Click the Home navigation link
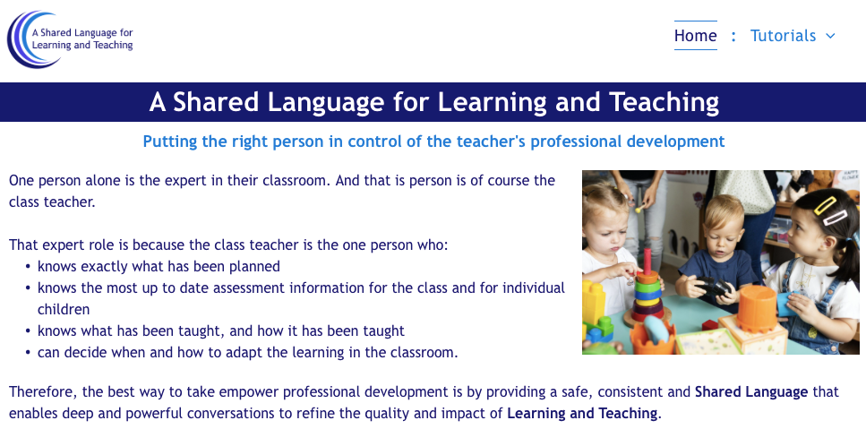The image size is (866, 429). click(x=695, y=36)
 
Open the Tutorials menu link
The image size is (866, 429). click(x=783, y=36)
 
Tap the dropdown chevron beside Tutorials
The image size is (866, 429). click(x=830, y=37)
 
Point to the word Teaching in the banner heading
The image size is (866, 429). click(x=664, y=102)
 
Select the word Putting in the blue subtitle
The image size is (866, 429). click(x=170, y=142)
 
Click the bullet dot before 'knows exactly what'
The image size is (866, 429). click(x=28, y=267)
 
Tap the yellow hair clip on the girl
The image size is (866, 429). click(x=825, y=205)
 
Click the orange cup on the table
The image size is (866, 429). click(x=757, y=309)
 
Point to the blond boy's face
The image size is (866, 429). click(x=723, y=236)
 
